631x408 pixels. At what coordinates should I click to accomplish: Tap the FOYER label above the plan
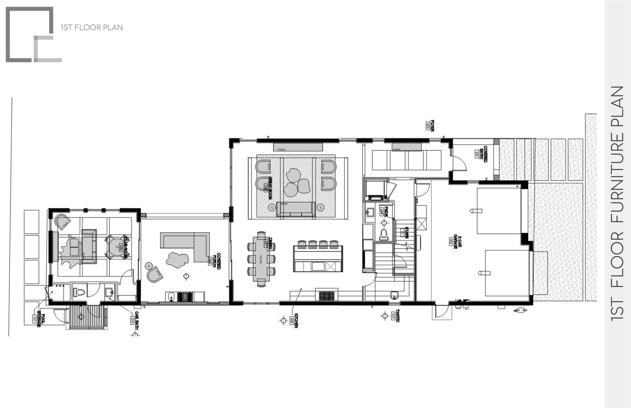(432, 126)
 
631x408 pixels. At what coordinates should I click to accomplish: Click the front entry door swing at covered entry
(459, 163)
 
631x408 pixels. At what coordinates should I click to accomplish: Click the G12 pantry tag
(393, 316)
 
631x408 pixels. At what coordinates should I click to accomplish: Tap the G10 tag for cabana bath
(132, 321)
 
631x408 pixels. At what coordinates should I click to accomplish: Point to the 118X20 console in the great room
(298, 147)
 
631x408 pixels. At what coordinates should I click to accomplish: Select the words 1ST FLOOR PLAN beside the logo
(92, 27)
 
